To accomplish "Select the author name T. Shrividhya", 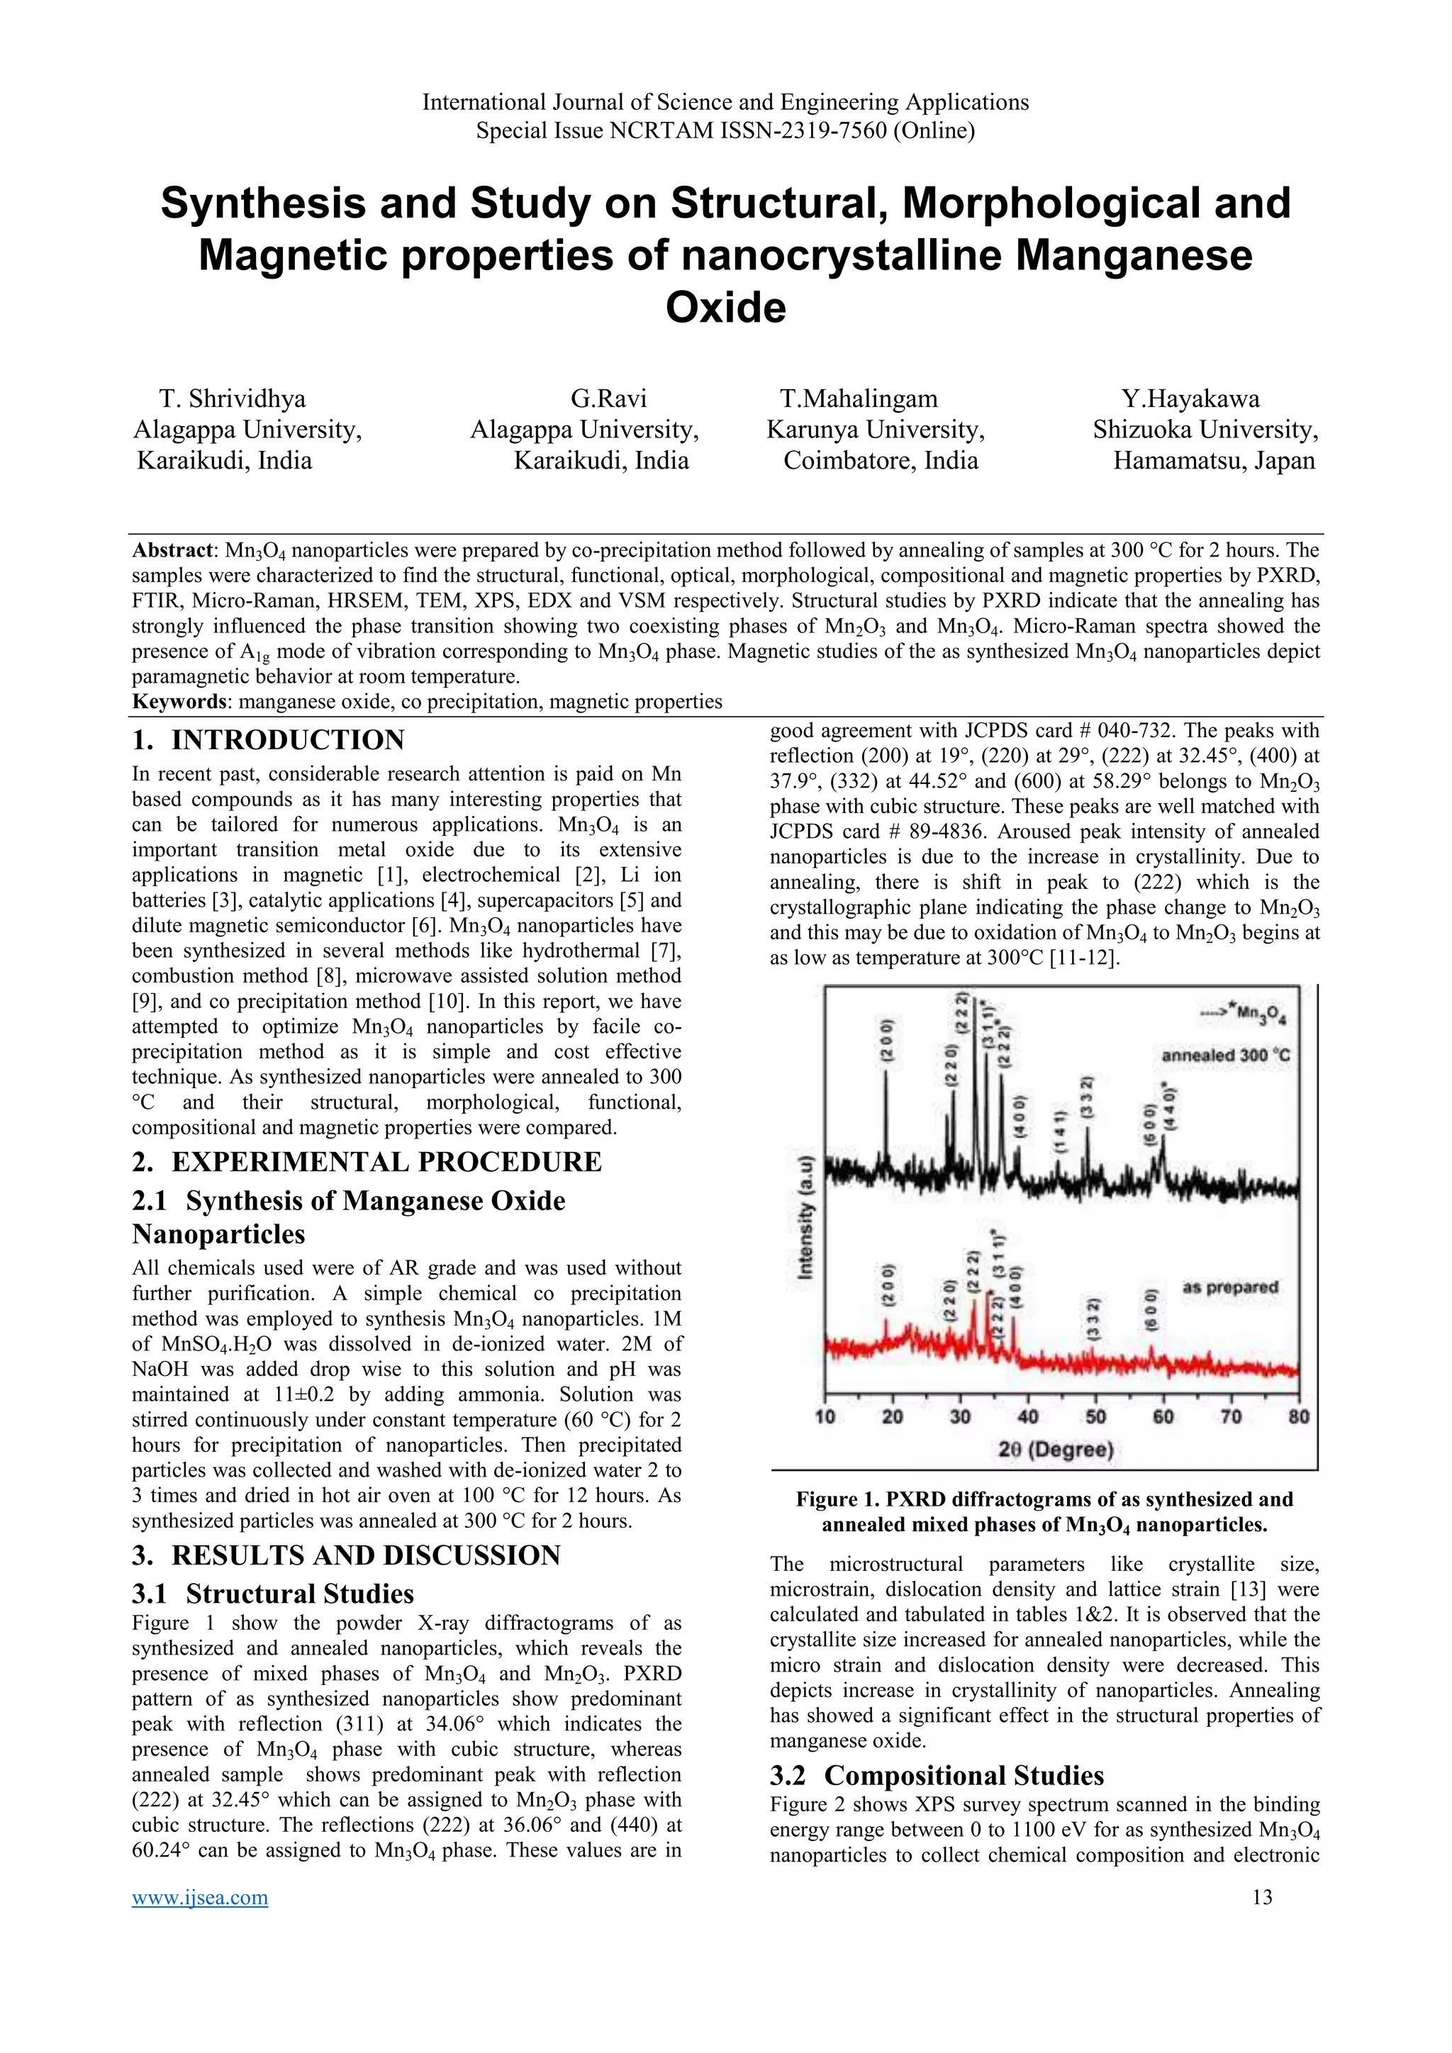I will click(233, 399).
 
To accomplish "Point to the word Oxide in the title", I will click(725, 308).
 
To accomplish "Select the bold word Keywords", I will click(179, 701).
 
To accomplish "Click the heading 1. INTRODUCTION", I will click(268, 740).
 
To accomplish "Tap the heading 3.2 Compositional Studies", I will click(937, 1775).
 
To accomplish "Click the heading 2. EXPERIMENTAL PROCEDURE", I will click(367, 1161).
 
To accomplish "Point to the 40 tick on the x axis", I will click(1027, 1416).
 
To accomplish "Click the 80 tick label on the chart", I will click(1298, 1416).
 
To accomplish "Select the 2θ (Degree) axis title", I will click(1056, 1450).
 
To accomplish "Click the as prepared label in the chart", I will click(1229, 1287).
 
